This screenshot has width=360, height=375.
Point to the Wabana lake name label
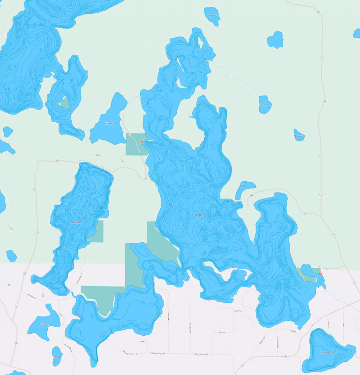click(201, 215)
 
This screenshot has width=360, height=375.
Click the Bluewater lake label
click(76, 223)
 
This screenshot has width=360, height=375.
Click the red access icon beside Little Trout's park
click(142, 140)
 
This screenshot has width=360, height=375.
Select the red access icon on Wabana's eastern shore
click(320, 273)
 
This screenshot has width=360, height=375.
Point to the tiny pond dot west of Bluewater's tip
click(9, 285)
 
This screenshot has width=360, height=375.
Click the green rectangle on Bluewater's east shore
click(96, 231)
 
